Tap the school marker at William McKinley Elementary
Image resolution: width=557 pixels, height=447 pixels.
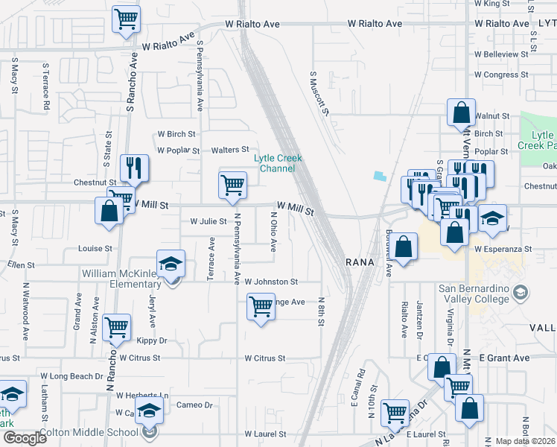pos(171,265)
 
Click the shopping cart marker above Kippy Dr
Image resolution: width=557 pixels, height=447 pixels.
pos(117,328)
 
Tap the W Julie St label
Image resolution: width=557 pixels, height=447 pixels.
pos(209,221)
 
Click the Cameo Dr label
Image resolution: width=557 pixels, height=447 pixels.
pos(194,405)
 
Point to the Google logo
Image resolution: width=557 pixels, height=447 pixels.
pos(25,438)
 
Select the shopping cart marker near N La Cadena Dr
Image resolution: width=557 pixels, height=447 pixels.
pos(395,412)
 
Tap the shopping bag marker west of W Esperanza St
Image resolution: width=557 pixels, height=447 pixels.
pos(404,247)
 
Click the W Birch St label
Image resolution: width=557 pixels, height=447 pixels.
pos(176,135)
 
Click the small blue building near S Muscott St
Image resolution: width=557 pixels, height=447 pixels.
pos(381,176)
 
